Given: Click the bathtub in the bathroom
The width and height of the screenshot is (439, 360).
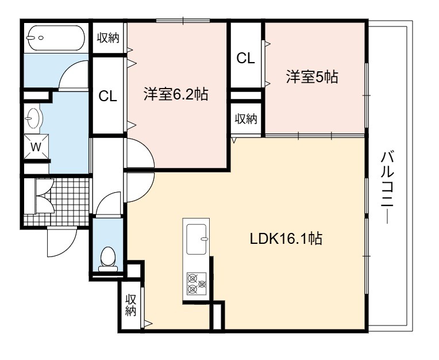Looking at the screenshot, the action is [x=56, y=38].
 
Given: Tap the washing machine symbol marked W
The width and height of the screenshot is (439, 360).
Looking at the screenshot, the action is [x=36, y=147].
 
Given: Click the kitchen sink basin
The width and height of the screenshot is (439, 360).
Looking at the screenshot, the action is [x=197, y=239].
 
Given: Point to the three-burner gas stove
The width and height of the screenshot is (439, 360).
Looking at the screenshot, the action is [x=197, y=284].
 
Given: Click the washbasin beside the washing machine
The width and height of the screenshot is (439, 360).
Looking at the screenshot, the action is [x=33, y=118].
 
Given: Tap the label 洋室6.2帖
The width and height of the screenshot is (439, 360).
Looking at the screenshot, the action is [x=176, y=94].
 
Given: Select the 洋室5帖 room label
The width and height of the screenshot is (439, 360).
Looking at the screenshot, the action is [x=312, y=76].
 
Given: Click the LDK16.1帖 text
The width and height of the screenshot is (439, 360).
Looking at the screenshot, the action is [x=286, y=239].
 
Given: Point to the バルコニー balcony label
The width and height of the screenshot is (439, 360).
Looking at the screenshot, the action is [x=387, y=187].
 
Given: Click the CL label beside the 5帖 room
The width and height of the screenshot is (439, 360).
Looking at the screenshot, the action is [x=245, y=58].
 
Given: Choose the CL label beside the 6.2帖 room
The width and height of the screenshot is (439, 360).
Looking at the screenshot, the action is [x=107, y=97].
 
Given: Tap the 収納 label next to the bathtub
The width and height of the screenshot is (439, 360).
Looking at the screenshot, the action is [x=109, y=38].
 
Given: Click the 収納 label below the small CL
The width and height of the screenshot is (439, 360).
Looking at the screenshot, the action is [x=246, y=119].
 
